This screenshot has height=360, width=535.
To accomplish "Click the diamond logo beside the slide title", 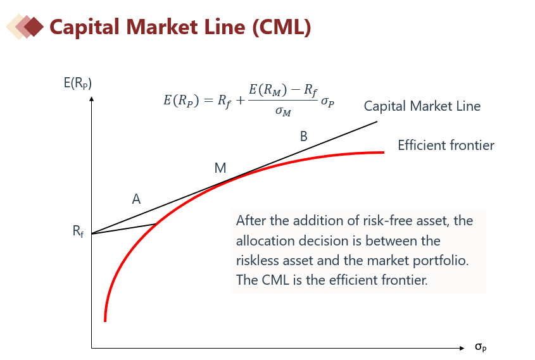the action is pos(25,27).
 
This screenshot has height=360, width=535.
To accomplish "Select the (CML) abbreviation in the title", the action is pos(282,27).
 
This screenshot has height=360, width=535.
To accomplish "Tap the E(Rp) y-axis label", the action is pos(78,83).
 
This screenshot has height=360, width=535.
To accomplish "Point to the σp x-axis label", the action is pos(481,347).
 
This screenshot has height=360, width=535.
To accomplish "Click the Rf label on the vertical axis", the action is pos(78,231).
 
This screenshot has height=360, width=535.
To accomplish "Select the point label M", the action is pos(220,168).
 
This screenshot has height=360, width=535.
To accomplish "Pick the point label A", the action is pos(136,199).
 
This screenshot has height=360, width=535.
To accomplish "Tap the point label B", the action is pos(304,137).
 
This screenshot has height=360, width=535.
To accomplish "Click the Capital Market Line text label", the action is pos(422,106).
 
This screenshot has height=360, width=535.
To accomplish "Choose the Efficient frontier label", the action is pos(446,146).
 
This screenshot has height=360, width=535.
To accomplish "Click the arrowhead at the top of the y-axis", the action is pos(91,99).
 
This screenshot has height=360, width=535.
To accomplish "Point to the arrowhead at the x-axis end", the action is pos(462,348).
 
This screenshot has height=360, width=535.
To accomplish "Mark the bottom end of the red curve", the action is pos(105,321).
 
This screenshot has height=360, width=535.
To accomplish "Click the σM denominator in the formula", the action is pos(283,111).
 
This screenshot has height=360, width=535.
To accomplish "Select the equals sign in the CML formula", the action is pos(208,100).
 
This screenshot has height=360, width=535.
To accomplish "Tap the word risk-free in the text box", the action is pos(405,221).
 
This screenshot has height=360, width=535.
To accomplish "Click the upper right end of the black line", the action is pos(377,121).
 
